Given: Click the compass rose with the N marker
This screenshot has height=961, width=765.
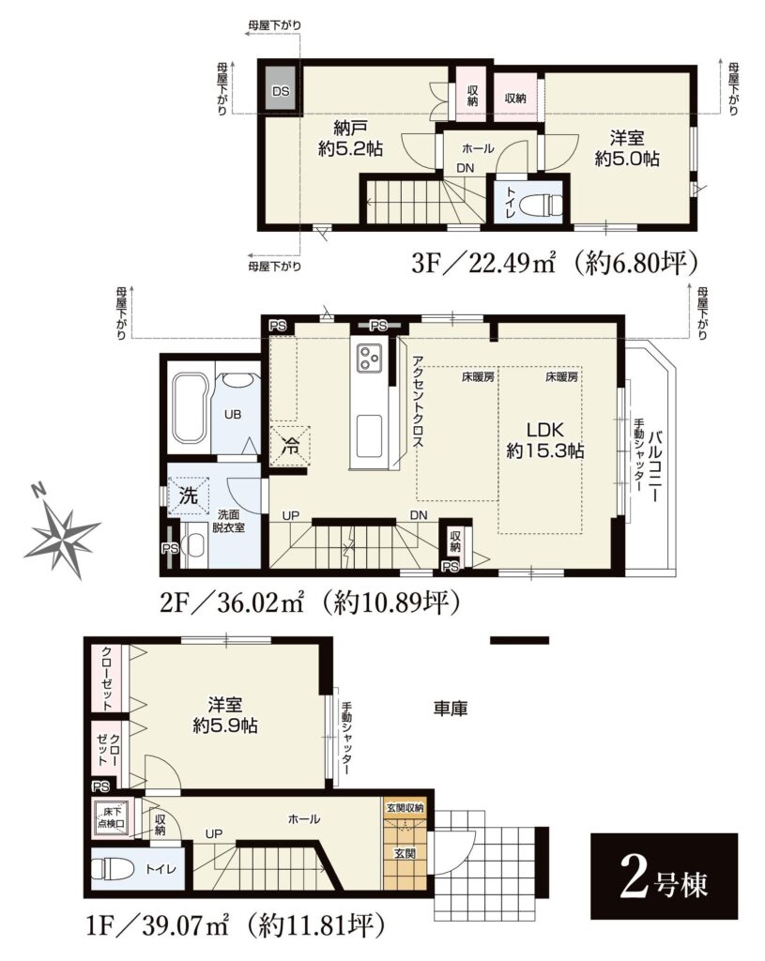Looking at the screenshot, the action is pyautogui.click(x=60, y=532).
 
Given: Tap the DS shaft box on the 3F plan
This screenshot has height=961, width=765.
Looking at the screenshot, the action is pyautogui.click(x=281, y=91).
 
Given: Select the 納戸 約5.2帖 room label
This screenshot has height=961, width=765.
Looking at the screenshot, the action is pyautogui.click(x=350, y=139).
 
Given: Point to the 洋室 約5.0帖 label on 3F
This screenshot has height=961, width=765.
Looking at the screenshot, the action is pyautogui.click(x=626, y=148).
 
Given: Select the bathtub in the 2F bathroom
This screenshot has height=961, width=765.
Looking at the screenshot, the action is pyautogui.click(x=187, y=407).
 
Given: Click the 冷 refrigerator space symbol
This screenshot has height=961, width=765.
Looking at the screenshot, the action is pyautogui.click(x=290, y=444).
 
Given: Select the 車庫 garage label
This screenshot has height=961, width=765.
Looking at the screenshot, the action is pyautogui.click(x=451, y=709).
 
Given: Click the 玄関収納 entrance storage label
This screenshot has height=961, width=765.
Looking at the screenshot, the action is pyautogui.click(x=405, y=808).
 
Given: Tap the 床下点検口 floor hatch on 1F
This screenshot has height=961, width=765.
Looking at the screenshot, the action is pyautogui.click(x=111, y=818).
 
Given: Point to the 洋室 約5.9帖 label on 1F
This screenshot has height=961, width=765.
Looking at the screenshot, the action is pyautogui.click(x=225, y=715).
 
